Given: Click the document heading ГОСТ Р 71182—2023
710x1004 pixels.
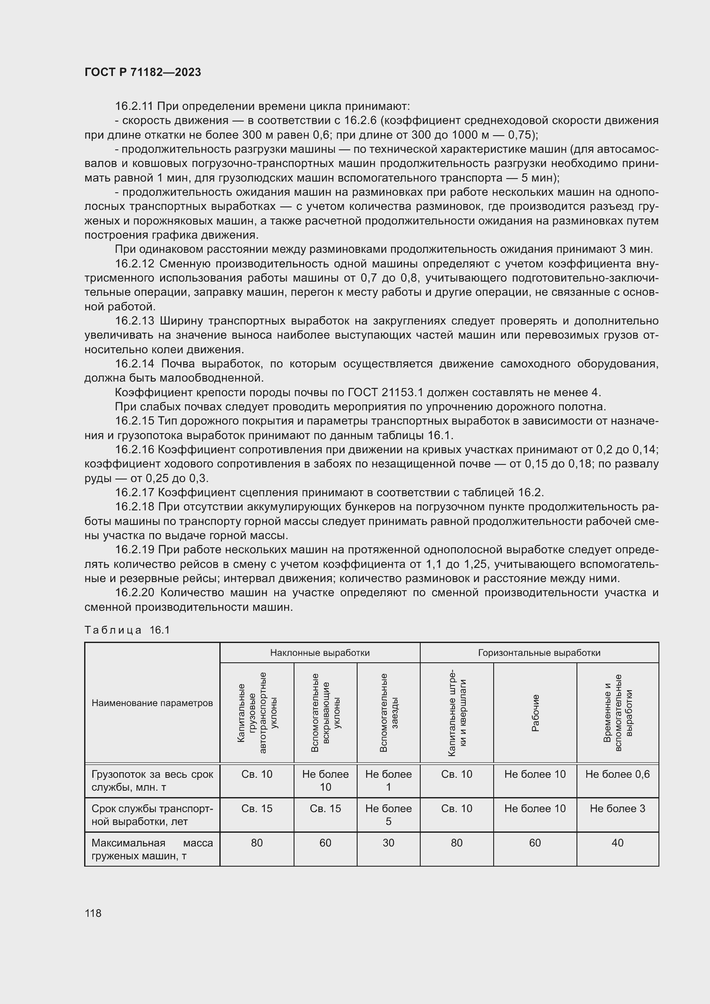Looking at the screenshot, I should (x=143, y=72).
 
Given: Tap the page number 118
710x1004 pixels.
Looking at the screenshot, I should (x=93, y=913).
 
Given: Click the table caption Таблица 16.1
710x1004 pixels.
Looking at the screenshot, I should (x=127, y=630).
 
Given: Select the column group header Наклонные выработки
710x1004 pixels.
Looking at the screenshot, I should (x=320, y=653).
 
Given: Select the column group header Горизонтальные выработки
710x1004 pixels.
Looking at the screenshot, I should (x=539, y=653).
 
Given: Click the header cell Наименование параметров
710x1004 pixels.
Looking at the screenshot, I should (x=152, y=703).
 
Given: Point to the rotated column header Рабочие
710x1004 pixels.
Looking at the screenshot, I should (x=535, y=713).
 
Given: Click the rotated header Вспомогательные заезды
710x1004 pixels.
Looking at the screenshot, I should (x=388, y=713).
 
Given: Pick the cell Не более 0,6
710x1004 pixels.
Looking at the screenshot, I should (x=617, y=774).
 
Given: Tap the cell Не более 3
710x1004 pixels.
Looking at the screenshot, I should (x=617, y=808).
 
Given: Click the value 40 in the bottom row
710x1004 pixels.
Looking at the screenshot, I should (x=617, y=843).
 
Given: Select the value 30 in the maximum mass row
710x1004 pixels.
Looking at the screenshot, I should (x=388, y=843).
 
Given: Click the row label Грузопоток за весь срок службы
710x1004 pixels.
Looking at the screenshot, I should (x=152, y=780).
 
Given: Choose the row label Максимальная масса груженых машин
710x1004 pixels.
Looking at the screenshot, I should (x=152, y=849).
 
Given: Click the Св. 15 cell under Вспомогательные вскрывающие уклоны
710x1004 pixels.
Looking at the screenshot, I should (x=325, y=808).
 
